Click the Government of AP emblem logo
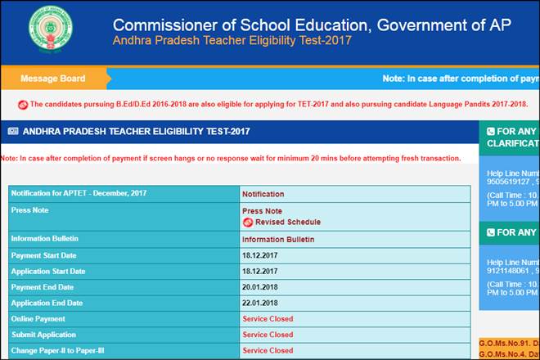coord(51,31)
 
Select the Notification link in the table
coord(263,195)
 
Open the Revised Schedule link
coord(287,222)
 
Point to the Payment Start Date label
coord(47,255)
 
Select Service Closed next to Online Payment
coord(268,319)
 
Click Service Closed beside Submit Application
coord(268,335)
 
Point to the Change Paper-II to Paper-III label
coord(57,350)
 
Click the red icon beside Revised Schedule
coord(248,222)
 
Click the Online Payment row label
coord(38,319)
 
